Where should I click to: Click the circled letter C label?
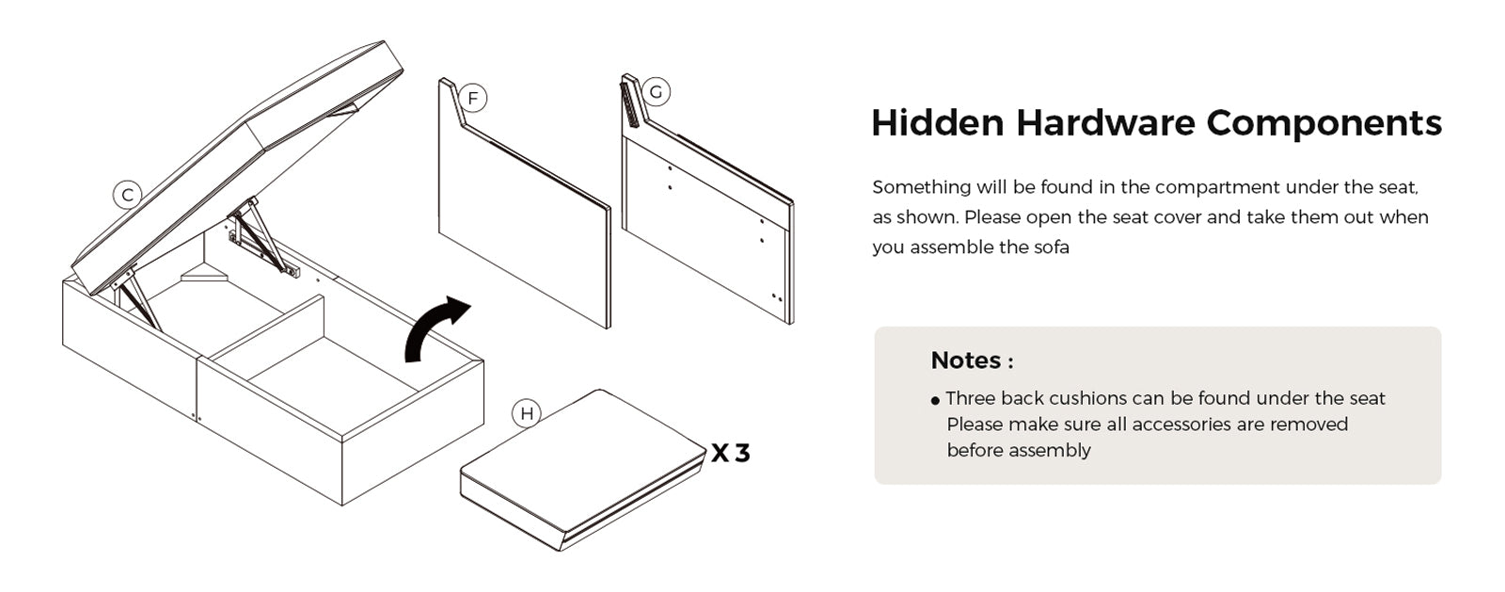point(127,196)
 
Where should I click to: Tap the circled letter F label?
point(473,99)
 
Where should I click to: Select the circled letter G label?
point(656,92)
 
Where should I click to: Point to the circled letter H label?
point(527,413)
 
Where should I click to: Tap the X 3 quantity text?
point(731,454)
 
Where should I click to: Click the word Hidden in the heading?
point(937,123)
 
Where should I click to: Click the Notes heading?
point(972,360)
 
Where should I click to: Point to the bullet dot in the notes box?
point(935,401)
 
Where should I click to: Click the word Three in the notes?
point(970,398)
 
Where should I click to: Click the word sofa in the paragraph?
point(1052,248)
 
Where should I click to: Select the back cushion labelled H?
point(582,470)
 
